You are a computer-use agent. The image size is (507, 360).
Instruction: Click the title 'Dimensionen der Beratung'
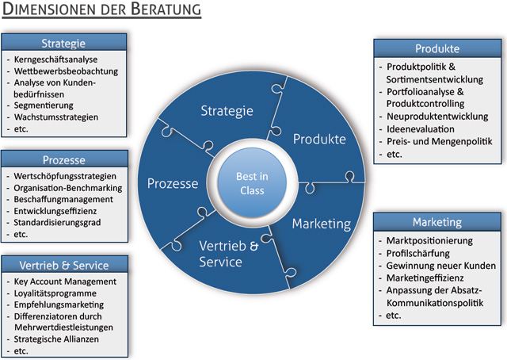click(x=101, y=11)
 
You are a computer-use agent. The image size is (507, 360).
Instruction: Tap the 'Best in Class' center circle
click(x=253, y=184)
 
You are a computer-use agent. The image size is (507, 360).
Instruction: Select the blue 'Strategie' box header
click(x=63, y=43)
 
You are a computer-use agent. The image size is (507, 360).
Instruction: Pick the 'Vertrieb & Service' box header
click(x=63, y=265)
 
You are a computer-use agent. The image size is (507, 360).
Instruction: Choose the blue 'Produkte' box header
click(x=436, y=48)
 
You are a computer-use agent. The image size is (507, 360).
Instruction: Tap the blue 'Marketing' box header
click(x=436, y=221)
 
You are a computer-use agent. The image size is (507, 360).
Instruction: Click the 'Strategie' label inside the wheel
click(x=227, y=110)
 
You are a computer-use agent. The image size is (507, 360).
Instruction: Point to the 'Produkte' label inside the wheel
click(x=319, y=140)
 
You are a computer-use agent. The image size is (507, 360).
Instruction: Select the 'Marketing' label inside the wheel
click(x=321, y=224)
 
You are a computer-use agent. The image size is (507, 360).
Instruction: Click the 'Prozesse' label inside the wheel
click(x=173, y=184)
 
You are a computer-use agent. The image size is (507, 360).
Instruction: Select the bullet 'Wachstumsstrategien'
click(x=56, y=117)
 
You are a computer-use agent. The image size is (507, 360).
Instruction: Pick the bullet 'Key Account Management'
click(x=65, y=281)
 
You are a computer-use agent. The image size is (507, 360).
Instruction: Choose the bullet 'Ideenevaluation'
click(x=420, y=128)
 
